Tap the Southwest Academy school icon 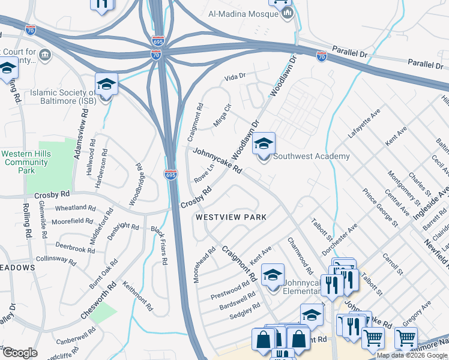click(264, 144)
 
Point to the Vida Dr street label click(235, 77)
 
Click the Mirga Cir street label click(221, 116)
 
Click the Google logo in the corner click(20, 353)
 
